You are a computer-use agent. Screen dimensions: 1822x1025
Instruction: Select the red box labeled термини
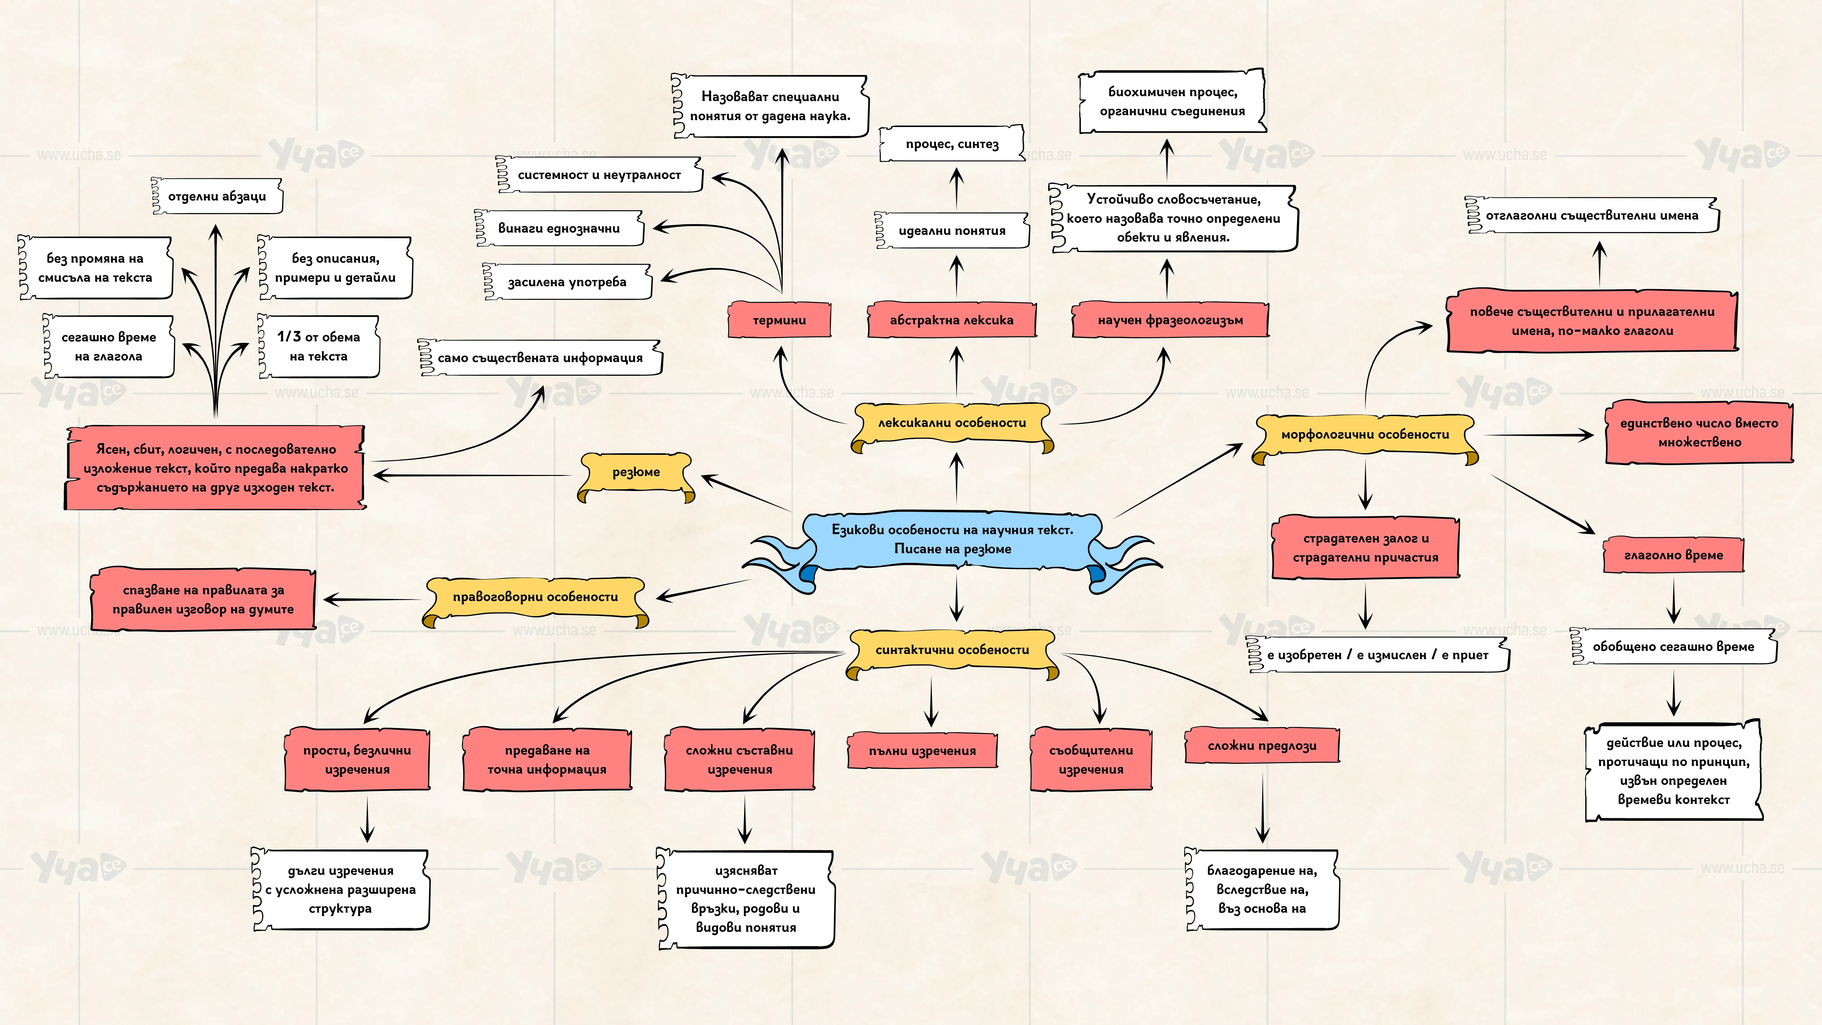780,320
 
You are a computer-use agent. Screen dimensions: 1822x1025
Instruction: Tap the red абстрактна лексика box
952,320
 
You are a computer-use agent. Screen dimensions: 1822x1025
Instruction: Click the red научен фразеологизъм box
1170,320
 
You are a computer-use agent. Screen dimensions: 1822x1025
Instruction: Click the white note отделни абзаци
217,196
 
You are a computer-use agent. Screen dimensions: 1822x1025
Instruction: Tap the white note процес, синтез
952,144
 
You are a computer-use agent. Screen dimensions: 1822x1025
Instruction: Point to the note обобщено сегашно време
1673,646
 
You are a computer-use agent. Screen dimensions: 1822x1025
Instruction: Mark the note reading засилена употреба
567,282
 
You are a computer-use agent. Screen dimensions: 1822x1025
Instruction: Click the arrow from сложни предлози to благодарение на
1263,806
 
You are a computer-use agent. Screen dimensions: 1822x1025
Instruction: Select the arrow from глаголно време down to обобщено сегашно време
1673,601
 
